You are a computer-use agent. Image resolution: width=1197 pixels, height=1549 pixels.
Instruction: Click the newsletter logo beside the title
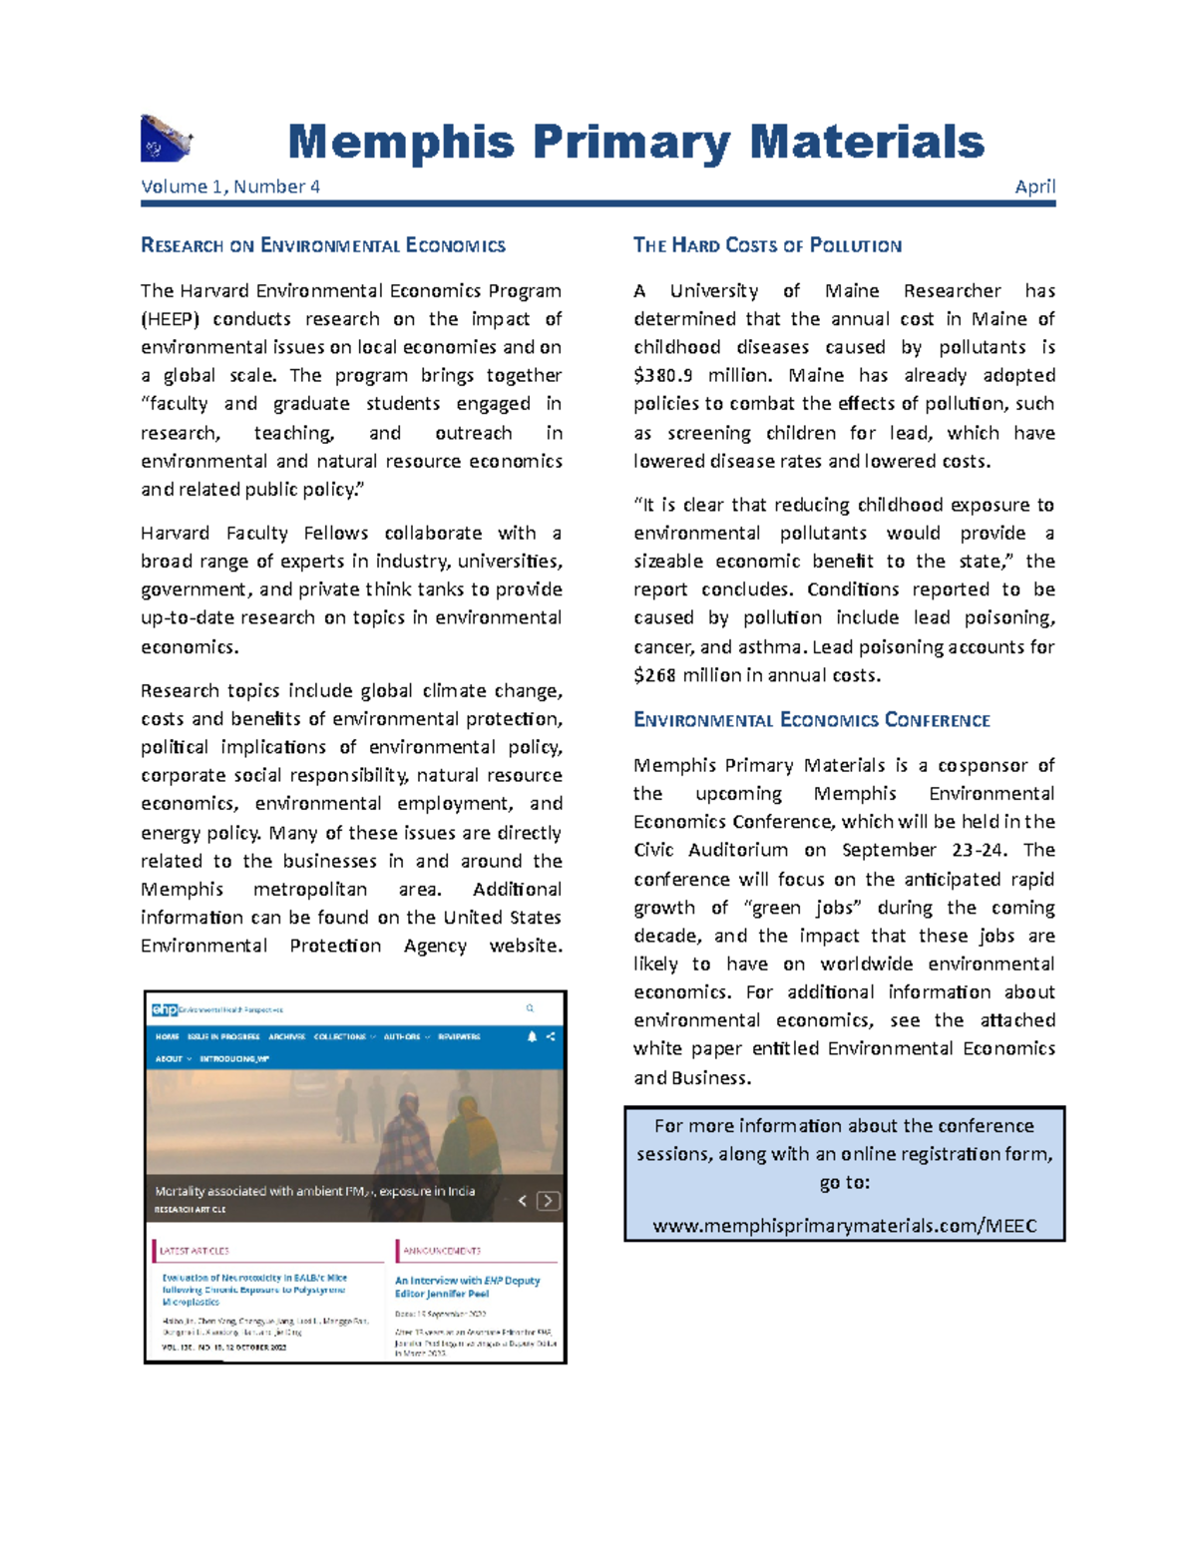(166, 139)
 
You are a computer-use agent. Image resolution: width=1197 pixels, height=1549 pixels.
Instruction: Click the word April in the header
(1034, 187)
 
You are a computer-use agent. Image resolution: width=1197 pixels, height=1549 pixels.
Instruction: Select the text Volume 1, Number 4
(230, 187)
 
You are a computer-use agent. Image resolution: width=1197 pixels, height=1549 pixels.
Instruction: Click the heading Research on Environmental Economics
(323, 245)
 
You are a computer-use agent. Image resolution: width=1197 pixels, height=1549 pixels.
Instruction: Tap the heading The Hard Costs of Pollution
(767, 245)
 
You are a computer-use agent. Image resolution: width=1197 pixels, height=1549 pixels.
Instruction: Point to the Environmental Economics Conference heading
(811, 720)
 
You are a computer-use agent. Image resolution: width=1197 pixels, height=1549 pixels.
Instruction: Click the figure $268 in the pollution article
(655, 675)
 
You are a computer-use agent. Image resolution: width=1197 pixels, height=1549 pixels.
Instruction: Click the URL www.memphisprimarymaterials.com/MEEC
(844, 1226)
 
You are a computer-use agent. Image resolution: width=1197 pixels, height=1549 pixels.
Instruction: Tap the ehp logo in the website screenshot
(165, 1009)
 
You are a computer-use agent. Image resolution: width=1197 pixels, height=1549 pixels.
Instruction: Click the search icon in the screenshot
(530, 1008)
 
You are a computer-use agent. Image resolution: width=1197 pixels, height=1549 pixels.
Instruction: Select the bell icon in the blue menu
(532, 1036)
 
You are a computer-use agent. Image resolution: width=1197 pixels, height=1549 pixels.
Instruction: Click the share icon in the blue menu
(551, 1036)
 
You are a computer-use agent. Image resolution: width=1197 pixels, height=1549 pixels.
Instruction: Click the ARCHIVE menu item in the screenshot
(286, 1036)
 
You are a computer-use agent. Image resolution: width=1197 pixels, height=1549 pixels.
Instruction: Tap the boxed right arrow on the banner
(548, 1201)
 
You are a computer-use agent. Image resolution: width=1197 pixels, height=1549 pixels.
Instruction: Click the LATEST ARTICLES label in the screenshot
(195, 1251)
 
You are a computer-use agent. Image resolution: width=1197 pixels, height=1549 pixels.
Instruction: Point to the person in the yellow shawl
(469, 1147)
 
